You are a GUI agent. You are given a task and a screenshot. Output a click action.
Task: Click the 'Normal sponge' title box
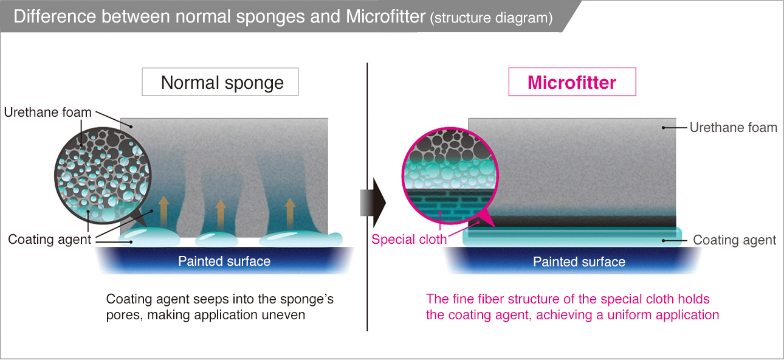coord(220,82)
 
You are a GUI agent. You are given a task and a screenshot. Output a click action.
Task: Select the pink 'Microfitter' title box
coord(572,81)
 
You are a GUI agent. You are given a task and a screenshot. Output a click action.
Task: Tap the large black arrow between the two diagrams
coord(373,202)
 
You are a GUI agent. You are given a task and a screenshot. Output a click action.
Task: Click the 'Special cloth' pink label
coord(409,240)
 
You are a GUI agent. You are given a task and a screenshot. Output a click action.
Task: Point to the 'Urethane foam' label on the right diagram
coord(733,128)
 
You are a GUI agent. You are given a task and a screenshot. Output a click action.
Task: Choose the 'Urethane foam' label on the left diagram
coord(47,112)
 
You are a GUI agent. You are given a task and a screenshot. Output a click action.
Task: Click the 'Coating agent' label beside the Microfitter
coord(734,240)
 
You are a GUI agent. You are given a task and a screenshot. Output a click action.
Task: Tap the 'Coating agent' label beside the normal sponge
coord(49,240)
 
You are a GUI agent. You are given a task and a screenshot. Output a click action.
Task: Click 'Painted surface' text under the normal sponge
coord(224,261)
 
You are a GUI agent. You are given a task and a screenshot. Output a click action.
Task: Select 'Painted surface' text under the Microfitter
coord(579,262)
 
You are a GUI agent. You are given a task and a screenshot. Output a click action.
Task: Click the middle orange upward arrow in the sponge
coord(220,215)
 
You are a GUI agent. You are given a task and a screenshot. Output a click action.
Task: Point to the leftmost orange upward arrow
coord(163,212)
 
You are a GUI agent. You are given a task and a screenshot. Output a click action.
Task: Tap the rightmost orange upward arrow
coord(290,213)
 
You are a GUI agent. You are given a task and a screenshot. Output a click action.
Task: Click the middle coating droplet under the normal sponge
coord(216,239)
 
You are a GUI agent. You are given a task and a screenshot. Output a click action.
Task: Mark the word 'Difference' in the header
coord(55,16)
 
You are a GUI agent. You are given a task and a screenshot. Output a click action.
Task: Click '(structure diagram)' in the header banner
coord(492,18)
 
